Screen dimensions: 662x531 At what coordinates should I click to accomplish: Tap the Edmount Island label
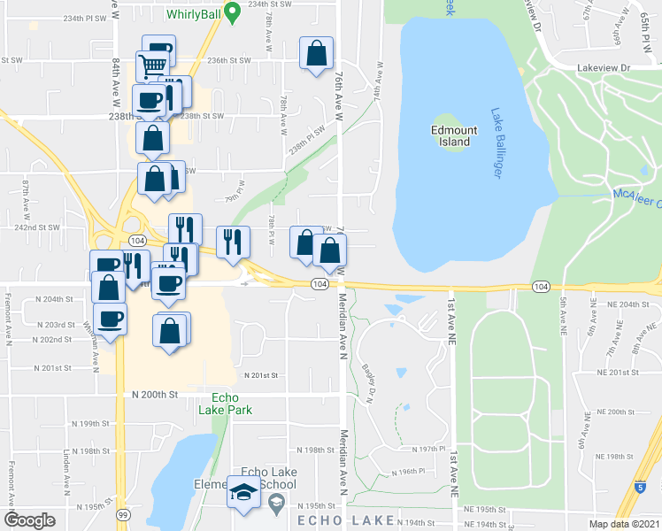(454, 135)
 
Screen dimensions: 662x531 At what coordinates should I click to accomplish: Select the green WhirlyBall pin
(232, 12)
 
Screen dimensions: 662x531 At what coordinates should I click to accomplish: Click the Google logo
(29, 520)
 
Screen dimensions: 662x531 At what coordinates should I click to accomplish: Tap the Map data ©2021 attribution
(625, 524)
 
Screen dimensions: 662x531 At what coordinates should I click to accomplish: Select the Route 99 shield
(122, 514)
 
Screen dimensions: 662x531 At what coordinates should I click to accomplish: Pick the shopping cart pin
(152, 65)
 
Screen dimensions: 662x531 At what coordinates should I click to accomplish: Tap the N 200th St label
(155, 393)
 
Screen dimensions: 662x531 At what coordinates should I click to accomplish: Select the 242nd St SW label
(41, 227)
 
